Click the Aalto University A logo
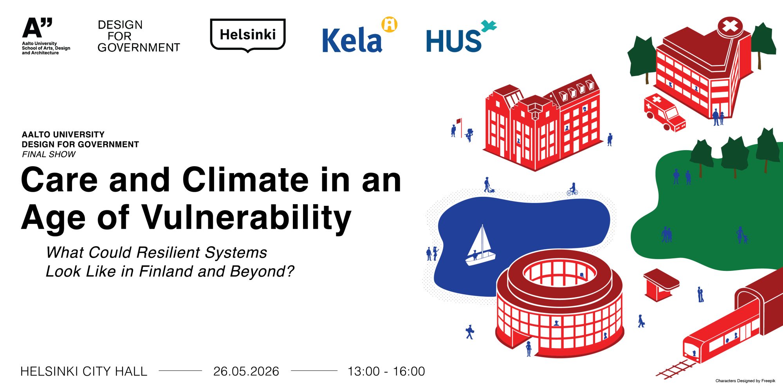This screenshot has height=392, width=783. (x=37, y=28)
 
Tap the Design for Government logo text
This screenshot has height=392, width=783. (x=139, y=36)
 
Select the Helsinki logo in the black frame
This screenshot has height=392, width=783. (x=248, y=35)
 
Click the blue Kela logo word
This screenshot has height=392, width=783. (x=352, y=40)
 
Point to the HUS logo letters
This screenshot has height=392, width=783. (x=453, y=41)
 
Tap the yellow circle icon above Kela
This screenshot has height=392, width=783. (x=390, y=24)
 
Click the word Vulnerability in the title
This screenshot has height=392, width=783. (x=247, y=218)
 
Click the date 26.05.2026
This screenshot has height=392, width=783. (x=246, y=371)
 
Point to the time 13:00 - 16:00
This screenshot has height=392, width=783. (x=386, y=371)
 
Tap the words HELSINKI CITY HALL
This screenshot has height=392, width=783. (x=84, y=371)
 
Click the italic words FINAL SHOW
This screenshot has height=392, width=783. (x=49, y=154)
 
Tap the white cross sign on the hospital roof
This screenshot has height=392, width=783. (x=730, y=27)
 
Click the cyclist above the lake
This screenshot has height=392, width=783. (x=572, y=189)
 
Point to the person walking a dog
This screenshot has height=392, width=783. (x=489, y=185)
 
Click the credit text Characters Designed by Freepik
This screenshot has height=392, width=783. (x=745, y=381)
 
